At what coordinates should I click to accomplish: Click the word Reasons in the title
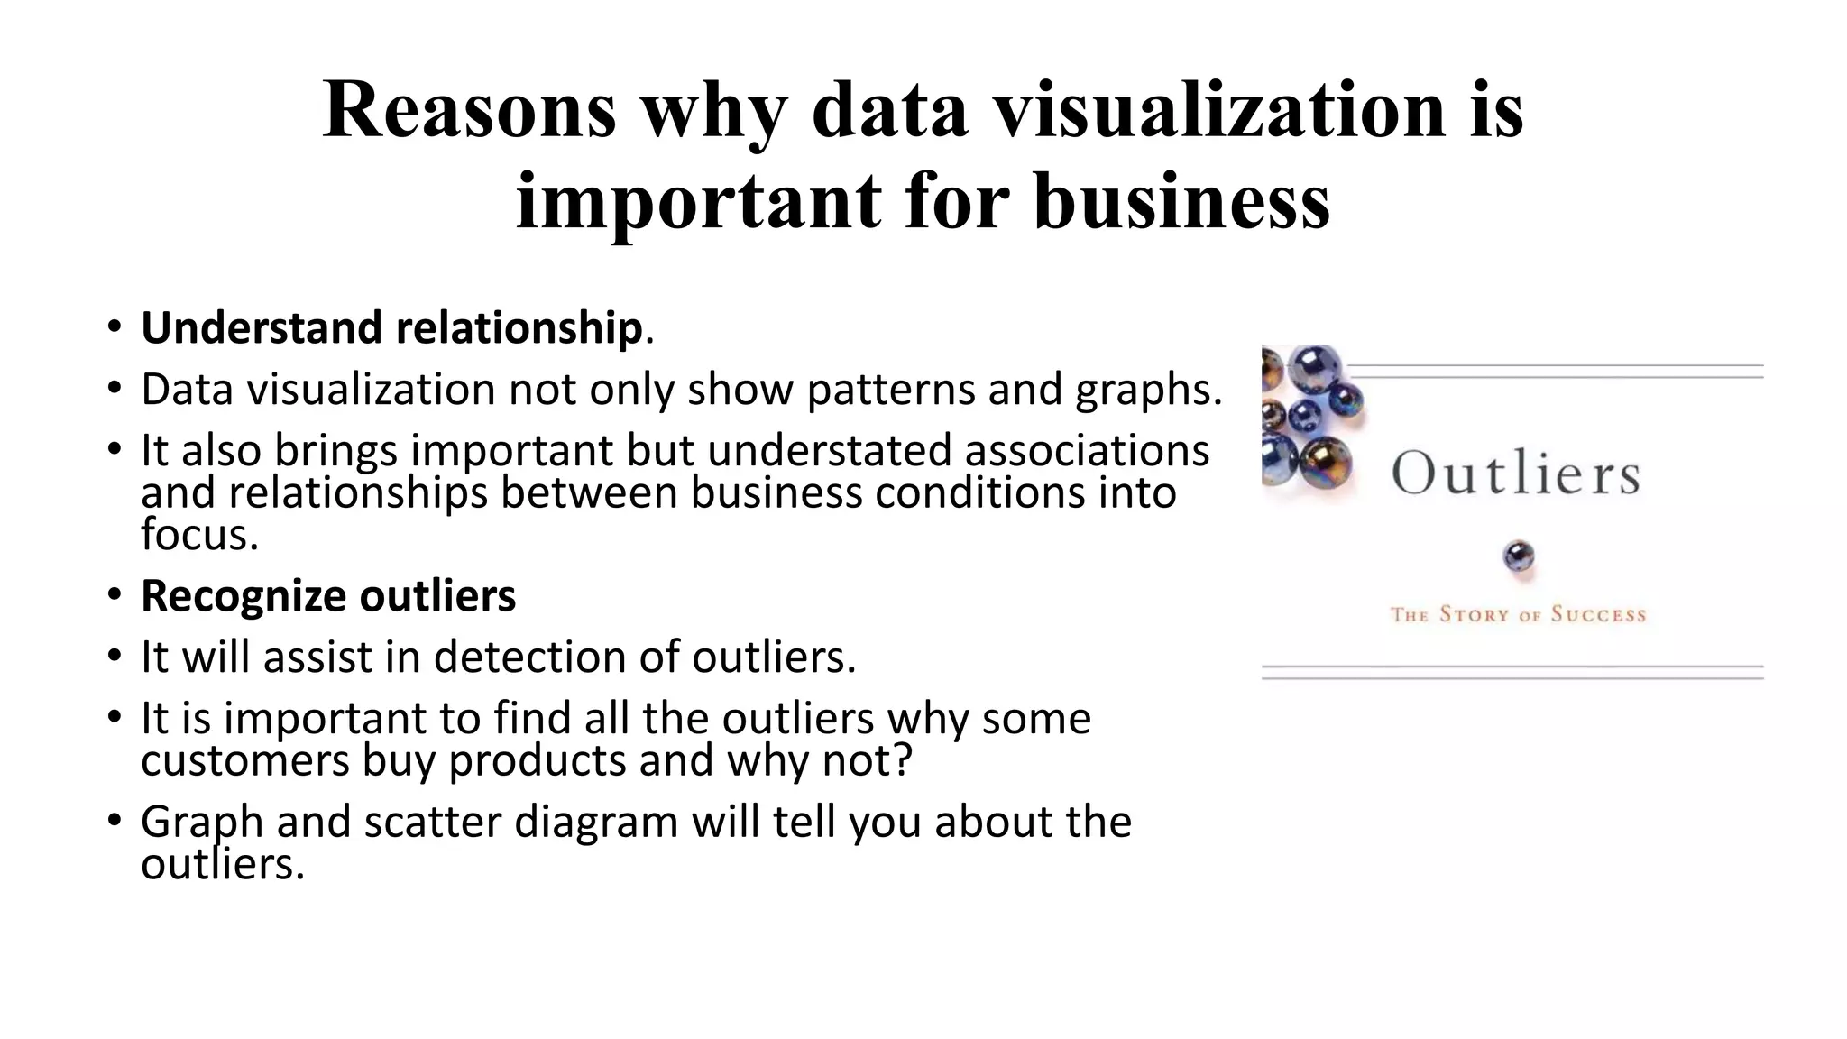click(469, 110)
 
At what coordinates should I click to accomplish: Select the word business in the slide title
click(1181, 200)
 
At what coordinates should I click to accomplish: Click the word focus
click(198, 535)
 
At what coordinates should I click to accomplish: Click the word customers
click(244, 760)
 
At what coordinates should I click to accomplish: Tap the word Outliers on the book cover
click(1515, 474)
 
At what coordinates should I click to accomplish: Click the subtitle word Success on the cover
click(1598, 615)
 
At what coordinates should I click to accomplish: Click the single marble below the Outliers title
click(1519, 556)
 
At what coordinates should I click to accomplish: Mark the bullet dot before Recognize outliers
click(114, 595)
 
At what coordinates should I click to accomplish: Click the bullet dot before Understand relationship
click(114, 326)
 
